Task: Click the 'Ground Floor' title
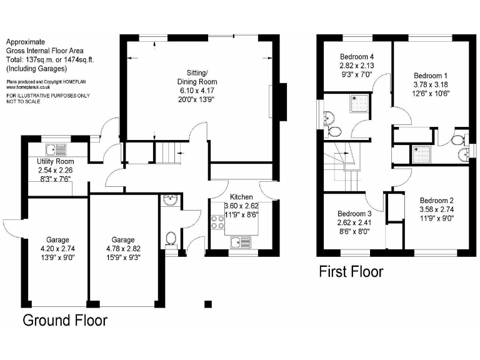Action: pos(65,321)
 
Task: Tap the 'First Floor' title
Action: pos(351,271)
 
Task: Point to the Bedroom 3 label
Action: pos(355,214)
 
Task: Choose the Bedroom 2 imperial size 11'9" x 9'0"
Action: pos(437,219)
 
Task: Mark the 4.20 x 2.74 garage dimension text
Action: pos(57,248)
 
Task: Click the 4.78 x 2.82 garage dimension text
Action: pos(122,248)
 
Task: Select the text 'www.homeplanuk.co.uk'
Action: pos(29,87)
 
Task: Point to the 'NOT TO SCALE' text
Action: pos(23,101)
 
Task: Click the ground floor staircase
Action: pos(166,152)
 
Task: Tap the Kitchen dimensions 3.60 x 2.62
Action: pos(241,206)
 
